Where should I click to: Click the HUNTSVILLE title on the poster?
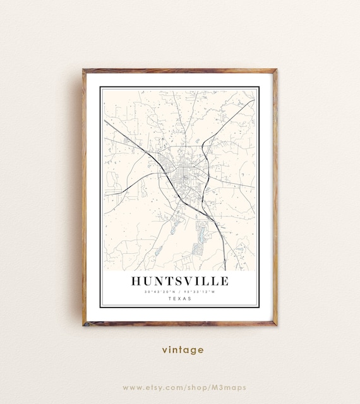(x=180, y=280)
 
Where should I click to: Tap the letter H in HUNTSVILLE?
(x=136, y=280)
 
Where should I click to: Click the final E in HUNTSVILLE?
(x=224, y=280)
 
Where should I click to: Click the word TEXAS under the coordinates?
(x=180, y=299)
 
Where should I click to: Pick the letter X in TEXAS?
(x=180, y=299)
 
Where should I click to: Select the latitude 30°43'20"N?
(x=160, y=292)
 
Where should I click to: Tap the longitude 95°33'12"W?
(x=200, y=292)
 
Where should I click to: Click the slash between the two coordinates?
(x=180, y=292)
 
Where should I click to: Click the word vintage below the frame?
(x=183, y=350)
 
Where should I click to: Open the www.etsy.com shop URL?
(x=184, y=387)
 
